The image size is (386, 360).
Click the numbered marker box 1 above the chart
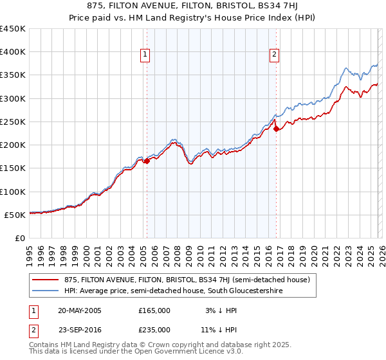click(145, 55)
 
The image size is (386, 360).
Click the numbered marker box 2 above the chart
click(274, 55)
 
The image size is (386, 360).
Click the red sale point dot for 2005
click(147, 161)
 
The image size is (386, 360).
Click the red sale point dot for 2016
click(277, 129)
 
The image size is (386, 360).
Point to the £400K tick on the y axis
click(13, 52)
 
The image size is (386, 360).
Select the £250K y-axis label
click(13, 122)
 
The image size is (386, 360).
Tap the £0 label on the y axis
click(19, 238)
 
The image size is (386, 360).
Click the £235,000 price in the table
click(154, 329)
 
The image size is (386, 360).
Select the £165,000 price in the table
click(154, 310)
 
